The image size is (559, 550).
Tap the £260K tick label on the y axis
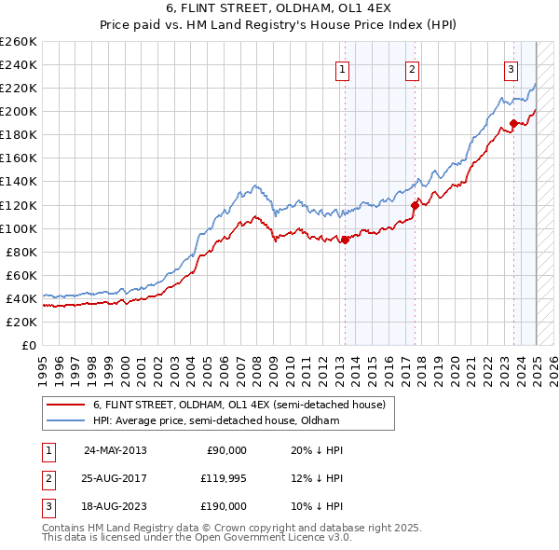click(x=19, y=42)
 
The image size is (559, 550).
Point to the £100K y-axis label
click(x=19, y=228)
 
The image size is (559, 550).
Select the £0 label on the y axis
click(x=29, y=345)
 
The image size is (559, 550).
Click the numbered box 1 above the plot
click(x=343, y=68)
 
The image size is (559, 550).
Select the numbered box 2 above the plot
click(x=412, y=68)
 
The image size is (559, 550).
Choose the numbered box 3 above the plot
click(x=511, y=68)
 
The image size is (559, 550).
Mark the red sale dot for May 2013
click(x=345, y=240)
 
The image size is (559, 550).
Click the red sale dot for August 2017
click(x=415, y=205)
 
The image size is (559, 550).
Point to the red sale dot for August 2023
click(x=513, y=123)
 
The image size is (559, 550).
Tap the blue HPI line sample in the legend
click(x=66, y=420)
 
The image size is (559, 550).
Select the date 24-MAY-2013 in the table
click(x=116, y=450)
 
